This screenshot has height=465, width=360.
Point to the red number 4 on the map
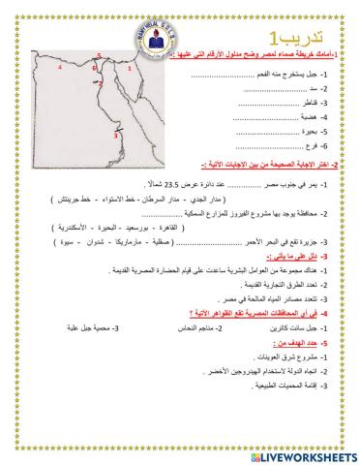point(60,70)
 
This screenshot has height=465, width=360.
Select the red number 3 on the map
point(116,137)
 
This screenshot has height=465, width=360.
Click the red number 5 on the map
point(99,57)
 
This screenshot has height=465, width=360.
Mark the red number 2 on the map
point(100,84)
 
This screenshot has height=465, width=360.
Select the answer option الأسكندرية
point(196,226)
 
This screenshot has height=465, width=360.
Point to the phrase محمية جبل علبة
point(144,329)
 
